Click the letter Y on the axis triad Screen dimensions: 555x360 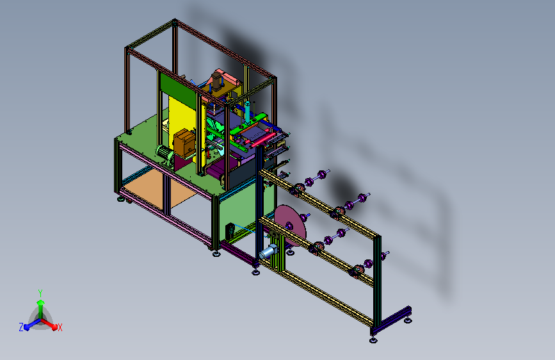40,293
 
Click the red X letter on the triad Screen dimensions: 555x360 60,327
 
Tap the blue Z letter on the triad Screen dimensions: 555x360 21,327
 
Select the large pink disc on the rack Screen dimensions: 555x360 290,225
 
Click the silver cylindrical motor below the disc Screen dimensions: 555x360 268,251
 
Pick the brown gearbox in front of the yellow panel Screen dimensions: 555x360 184,142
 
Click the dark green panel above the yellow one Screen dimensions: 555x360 178,89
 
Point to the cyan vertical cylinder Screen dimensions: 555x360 248,111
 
